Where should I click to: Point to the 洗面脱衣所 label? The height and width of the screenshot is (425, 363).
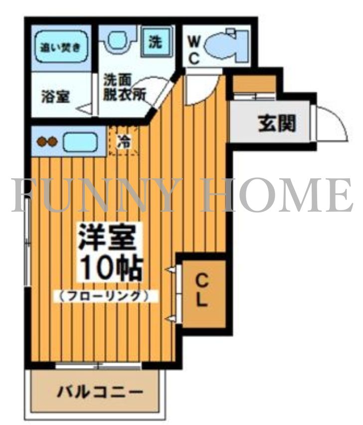click(x=124, y=88)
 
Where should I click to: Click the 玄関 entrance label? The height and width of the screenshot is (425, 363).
click(x=276, y=123)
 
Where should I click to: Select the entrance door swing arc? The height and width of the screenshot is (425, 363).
click(x=332, y=122)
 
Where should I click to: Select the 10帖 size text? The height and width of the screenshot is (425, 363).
click(x=109, y=268)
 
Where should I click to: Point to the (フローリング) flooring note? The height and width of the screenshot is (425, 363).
click(x=105, y=296)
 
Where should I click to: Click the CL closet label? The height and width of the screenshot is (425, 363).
click(x=202, y=291)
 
